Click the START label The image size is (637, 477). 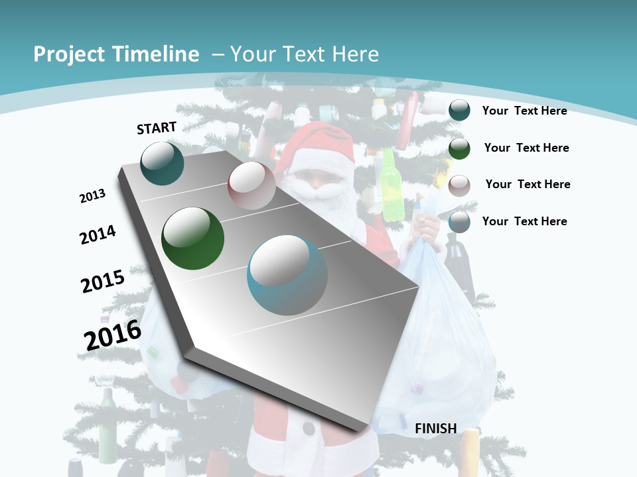tap(157, 128)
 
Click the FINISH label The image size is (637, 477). tap(436, 429)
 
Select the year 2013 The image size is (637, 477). tap(93, 196)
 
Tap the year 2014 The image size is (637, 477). tap(98, 235)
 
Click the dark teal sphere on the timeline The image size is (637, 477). tap(162, 163)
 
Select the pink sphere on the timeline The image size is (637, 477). tap(251, 186)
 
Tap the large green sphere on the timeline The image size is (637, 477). tap(192, 238)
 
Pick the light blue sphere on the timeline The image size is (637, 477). tap(287, 274)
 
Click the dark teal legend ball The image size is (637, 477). tap(459, 110)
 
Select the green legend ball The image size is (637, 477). tap(459, 148)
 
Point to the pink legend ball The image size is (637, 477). tap(459, 185)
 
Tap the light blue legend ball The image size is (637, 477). tap(459, 222)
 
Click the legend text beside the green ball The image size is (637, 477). tap(526, 148)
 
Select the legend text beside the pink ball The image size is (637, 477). tap(528, 184)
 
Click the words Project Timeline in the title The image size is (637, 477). tap(116, 54)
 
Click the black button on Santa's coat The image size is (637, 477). tap(308, 429)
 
